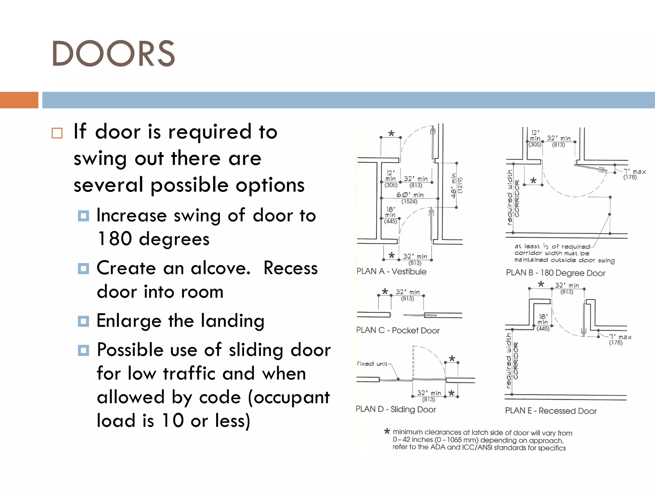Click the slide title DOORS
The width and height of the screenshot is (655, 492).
click(x=113, y=53)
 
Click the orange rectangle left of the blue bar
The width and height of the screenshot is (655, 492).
click(x=19, y=100)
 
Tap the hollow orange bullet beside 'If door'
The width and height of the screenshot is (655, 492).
click(x=57, y=133)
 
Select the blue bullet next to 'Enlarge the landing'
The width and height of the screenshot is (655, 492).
click(x=83, y=321)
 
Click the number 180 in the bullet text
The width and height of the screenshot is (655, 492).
click(x=114, y=239)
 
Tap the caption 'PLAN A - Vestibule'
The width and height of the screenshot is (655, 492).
click(x=391, y=272)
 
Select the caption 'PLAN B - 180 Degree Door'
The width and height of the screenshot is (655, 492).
click(x=556, y=273)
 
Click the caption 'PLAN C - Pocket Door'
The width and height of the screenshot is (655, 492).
click(x=398, y=330)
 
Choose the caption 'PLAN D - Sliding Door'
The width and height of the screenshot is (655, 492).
click(x=396, y=409)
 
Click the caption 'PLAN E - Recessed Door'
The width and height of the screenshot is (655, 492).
click(x=551, y=411)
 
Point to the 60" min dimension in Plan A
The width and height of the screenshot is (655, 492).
click(x=410, y=195)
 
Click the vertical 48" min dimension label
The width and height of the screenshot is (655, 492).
click(x=454, y=186)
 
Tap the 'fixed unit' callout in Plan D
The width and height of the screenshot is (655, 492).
click(x=372, y=364)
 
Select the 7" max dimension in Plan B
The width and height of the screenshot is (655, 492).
click(x=635, y=172)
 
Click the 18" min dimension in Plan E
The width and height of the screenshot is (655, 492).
click(x=543, y=319)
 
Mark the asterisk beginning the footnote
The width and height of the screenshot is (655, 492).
click(x=387, y=431)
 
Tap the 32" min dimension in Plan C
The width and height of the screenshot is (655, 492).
click(x=407, y=292)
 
